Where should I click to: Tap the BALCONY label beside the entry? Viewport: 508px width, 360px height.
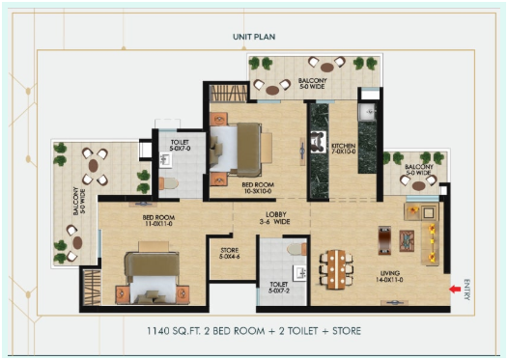(x=419, y=170)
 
